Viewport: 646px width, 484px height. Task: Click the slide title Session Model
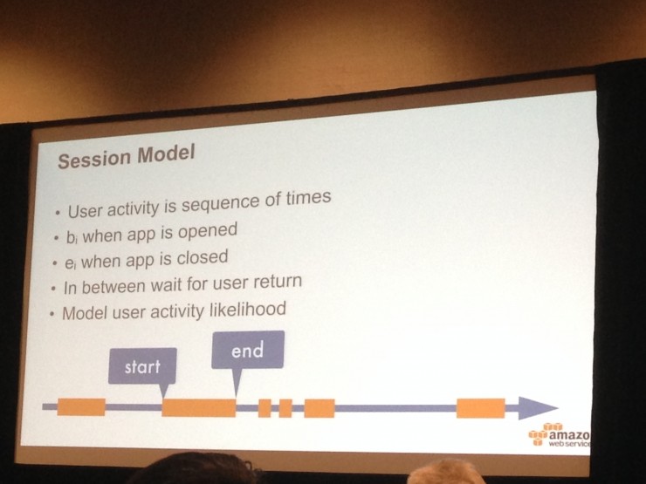[x=126, y=156]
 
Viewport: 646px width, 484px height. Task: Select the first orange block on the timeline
[x=81, y=407]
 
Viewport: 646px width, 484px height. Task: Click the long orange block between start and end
[x=198, y=408]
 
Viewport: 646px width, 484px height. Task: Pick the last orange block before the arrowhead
[x=481, y=408]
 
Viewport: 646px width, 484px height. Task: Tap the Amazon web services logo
[x=560, y=435]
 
